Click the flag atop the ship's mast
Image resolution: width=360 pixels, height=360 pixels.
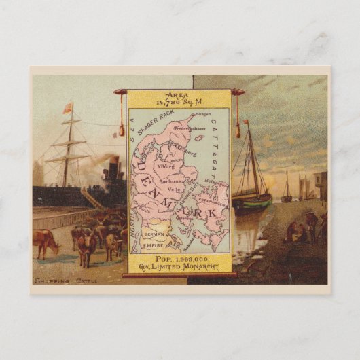tap(67, 108)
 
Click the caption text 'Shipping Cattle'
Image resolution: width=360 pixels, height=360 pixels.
tap(56, 280)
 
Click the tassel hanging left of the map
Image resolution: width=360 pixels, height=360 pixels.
tap(122, 126)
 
